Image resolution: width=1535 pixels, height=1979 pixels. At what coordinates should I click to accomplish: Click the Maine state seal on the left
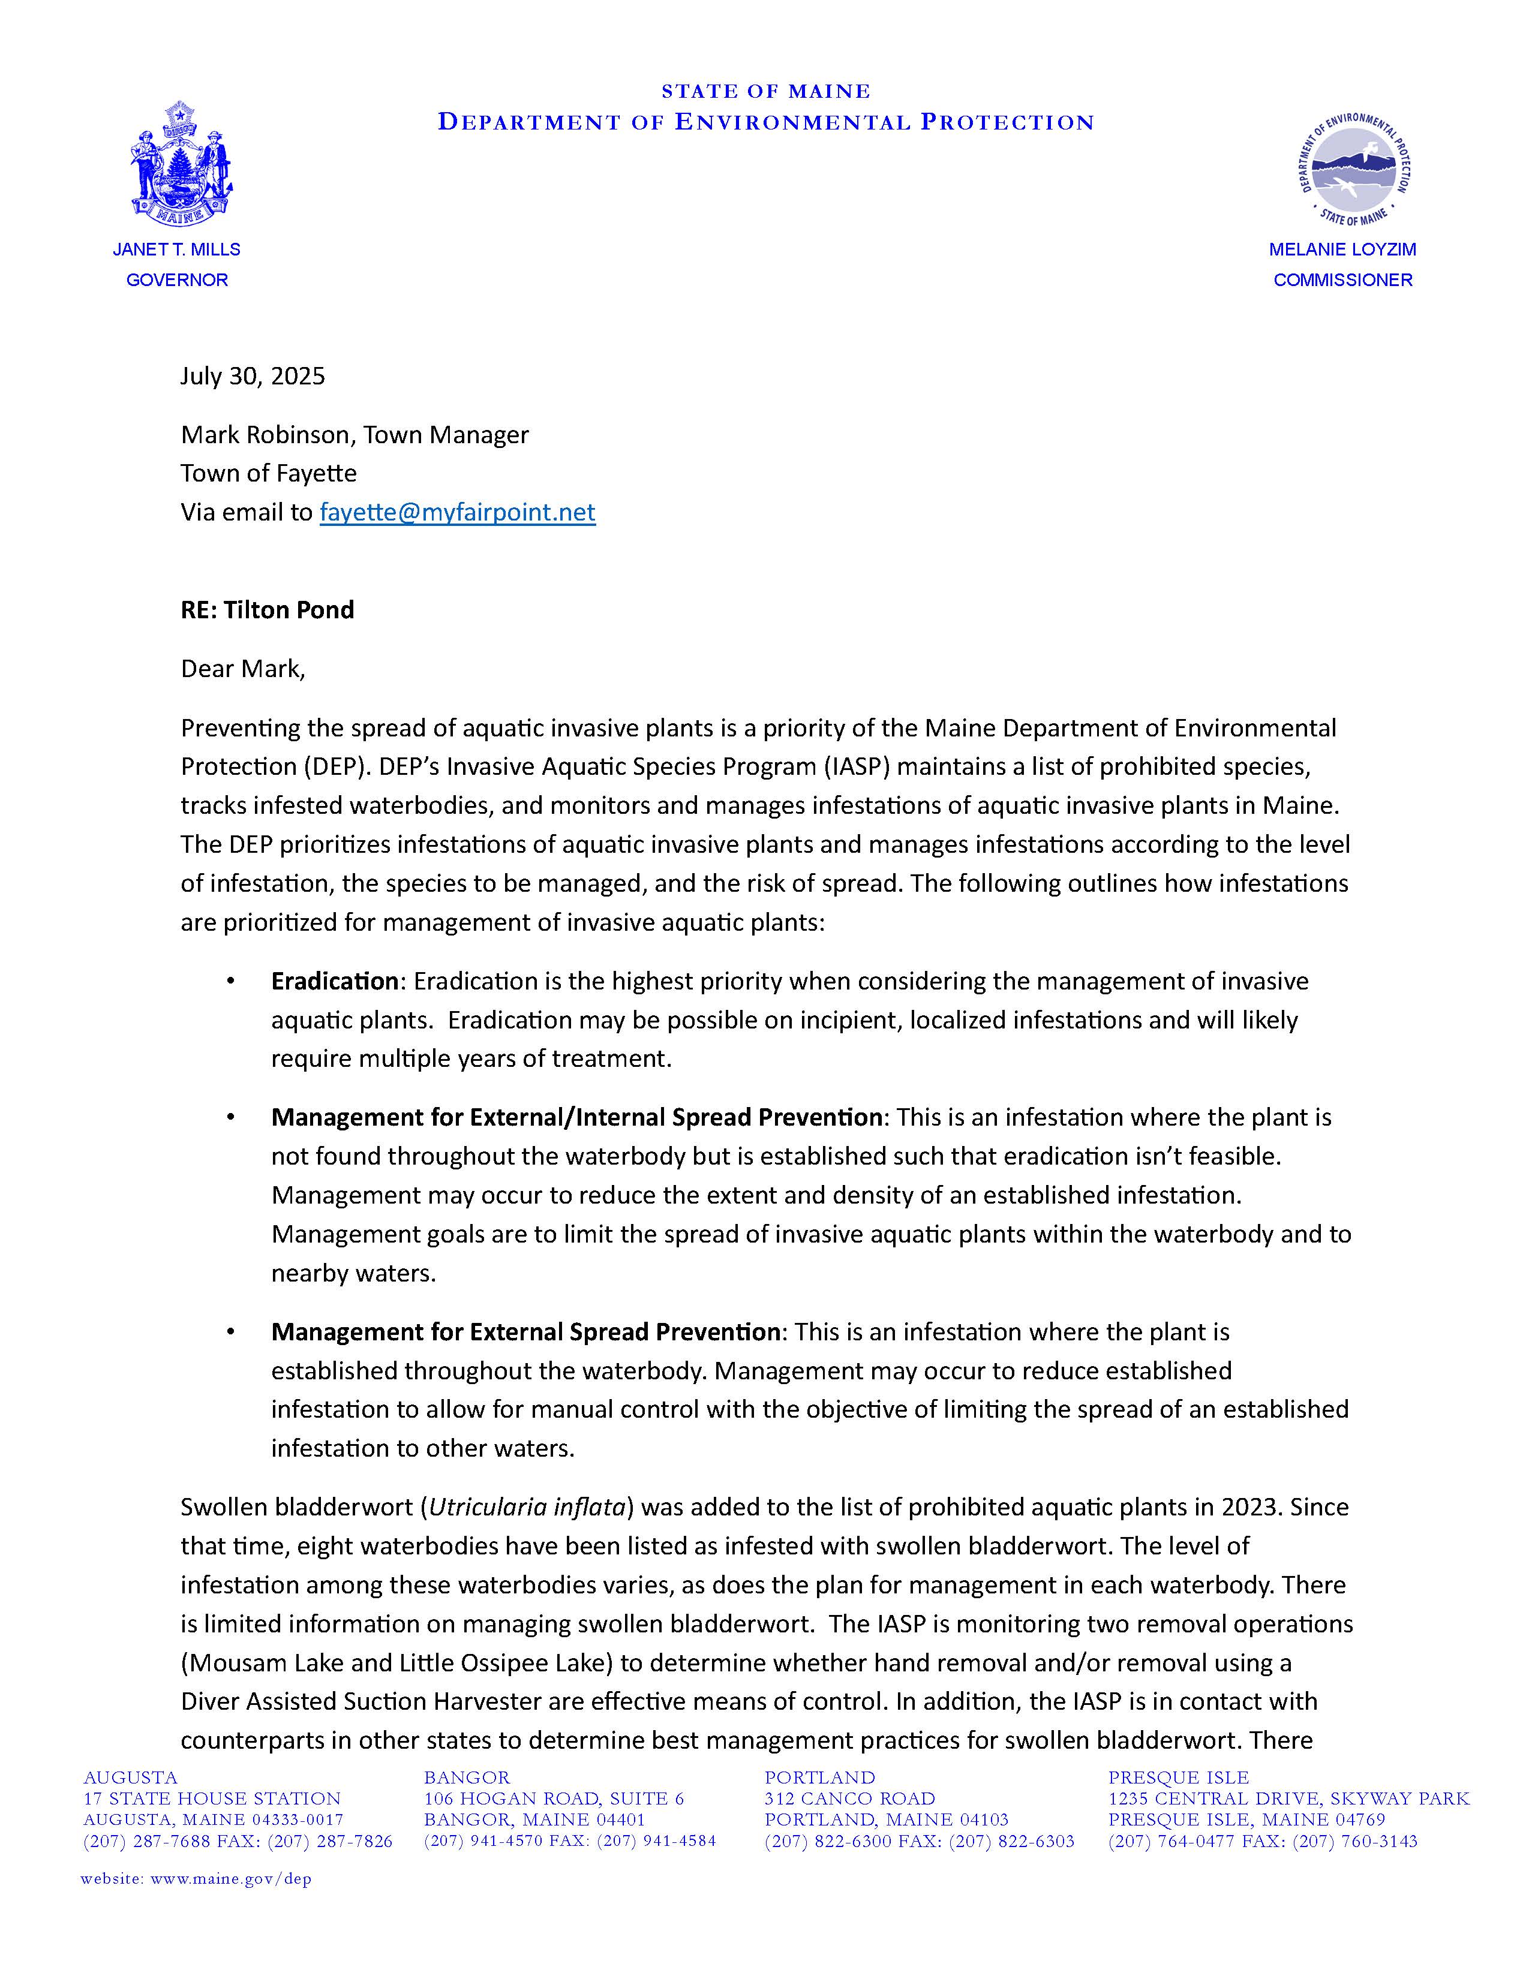point(181,164)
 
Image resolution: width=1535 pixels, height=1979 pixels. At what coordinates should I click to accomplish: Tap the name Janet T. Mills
point(177,249)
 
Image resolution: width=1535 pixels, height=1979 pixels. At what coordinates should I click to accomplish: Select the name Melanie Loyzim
point(1342,249)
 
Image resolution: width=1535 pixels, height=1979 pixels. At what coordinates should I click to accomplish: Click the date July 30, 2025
point(252,376)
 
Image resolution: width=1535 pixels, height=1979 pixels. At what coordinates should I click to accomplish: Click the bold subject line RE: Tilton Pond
point(268,610)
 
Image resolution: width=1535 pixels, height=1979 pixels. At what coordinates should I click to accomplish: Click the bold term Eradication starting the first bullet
point(334,981)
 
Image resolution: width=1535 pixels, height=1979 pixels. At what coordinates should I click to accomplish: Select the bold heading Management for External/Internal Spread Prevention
point(576,1117)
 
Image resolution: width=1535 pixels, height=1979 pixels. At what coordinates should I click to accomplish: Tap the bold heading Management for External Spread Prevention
point(525,1332)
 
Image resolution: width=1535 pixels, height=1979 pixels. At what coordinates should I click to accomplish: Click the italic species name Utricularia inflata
point(527,1507)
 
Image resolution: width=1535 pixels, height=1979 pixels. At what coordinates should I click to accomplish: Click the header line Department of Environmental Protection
point(765,122)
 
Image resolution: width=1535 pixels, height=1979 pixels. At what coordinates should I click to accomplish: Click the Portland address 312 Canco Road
point(849,1798)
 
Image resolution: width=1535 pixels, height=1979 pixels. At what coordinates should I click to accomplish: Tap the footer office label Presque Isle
point(1178,1778)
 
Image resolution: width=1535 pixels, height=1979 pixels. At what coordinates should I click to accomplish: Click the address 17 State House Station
point(212,1798)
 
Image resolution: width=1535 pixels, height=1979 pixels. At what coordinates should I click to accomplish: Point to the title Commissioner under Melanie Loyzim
point(1342,280)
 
